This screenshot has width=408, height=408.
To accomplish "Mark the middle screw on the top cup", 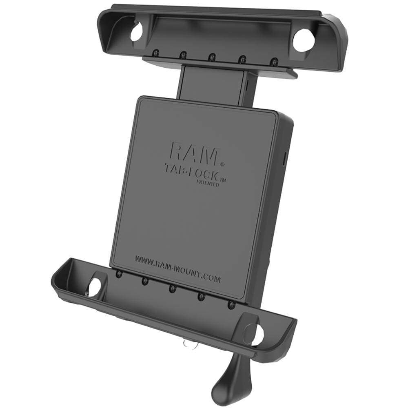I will (x=212, y=57).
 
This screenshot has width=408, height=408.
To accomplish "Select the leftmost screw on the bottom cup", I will (x=118, y=274).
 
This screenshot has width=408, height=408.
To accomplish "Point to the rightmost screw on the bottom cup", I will (x=231, y=305).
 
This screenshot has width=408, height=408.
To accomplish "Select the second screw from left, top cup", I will (x=183, y=54).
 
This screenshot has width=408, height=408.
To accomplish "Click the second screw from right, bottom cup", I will (x=201, y=297).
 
